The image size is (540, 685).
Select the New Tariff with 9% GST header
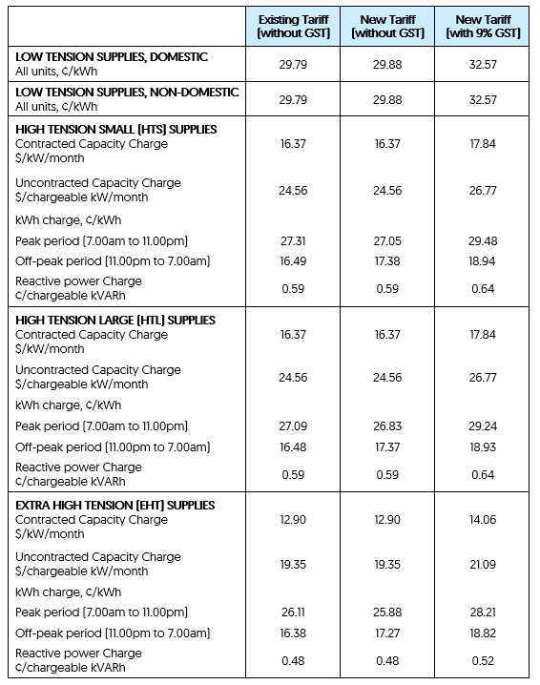pyautogui.click(x=481, y=27)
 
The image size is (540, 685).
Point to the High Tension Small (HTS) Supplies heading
pyautogui.click(x=115, y=129)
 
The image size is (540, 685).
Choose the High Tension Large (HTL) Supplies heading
pyautogui.click(x=115, y=320)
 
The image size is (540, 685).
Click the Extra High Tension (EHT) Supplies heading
pyautogui.click(x=115, y=505)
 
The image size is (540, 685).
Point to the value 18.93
pyautogui.click(x=481, y=446)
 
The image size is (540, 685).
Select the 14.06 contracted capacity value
pyautogui.click(x=481, y=520)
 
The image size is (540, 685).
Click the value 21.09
pyautogui.click(x=481, y=564)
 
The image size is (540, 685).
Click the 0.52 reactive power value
pyautogui.click(x=481, y=660)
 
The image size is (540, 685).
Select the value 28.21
pyautogui.click(x=481, y=612)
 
